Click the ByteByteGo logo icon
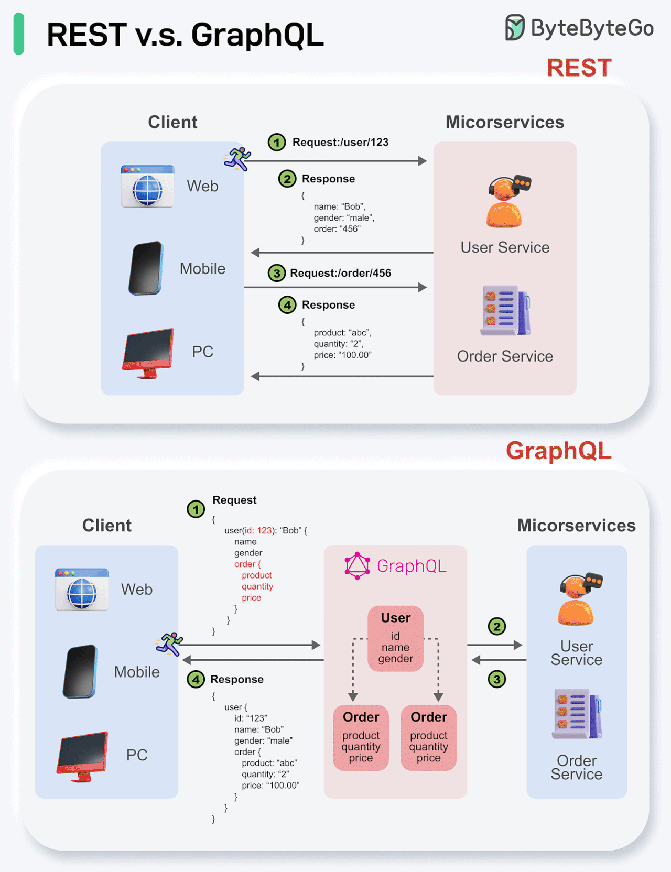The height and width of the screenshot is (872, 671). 514,28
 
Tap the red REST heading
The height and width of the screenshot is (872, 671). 579,68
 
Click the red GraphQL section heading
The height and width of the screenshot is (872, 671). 558,451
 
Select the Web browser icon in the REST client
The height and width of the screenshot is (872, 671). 147,187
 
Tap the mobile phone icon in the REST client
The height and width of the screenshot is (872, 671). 146,268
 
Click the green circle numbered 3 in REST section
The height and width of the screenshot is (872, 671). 277,273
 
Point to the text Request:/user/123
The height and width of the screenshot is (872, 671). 340,143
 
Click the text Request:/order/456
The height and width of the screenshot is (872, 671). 340,273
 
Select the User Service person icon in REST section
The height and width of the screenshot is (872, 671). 505,202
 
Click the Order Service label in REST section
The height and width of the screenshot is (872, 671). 505,356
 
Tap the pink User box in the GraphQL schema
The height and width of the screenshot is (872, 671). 395,638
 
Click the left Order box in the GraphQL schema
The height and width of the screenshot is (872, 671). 361,738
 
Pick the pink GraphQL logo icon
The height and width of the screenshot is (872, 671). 358,566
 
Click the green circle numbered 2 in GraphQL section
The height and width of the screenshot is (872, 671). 496,626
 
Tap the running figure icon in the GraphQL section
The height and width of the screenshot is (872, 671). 169,644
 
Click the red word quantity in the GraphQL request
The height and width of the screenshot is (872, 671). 257,586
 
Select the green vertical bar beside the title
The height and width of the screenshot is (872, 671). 19,34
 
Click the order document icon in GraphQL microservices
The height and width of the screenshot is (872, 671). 577,714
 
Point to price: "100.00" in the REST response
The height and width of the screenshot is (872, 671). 342,355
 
